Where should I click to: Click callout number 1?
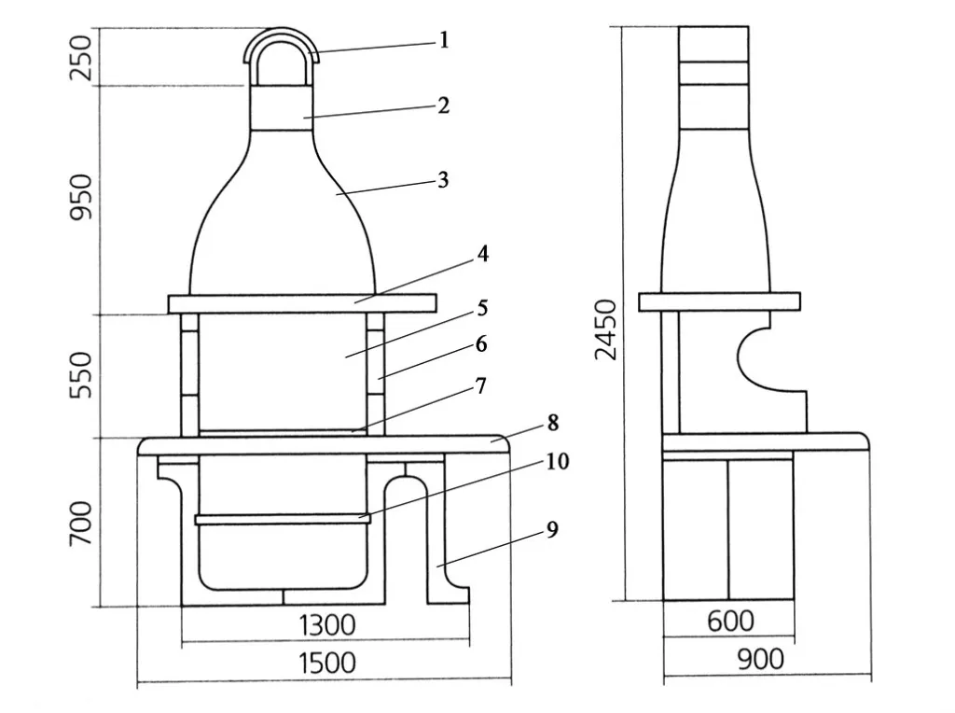point(444,40)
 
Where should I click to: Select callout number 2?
point(444,105)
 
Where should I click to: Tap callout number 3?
point(444,179)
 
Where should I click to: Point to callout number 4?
point(482,254)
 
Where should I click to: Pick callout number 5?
point(482,307)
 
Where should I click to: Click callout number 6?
point(481,344)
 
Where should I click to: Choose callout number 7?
point(481,385)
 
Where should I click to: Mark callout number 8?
point(553,423)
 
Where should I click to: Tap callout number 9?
point(552,530)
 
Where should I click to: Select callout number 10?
point(558,461)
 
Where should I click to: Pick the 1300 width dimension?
point(326,623)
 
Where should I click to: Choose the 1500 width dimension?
point(326,664)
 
